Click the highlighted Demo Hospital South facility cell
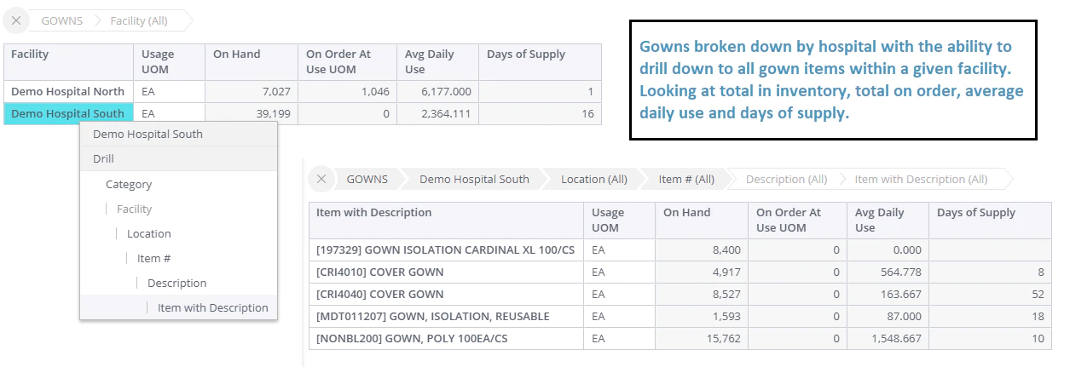68,113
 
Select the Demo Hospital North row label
68,91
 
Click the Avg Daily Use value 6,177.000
446,91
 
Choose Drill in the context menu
103,158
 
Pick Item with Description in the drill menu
213,308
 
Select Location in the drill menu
149,233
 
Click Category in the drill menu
129,184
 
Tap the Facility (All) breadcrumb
139,21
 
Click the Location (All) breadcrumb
594,179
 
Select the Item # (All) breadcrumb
686,179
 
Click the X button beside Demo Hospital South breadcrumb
321,179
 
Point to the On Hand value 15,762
724,338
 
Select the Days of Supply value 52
1038,294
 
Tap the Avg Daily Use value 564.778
901,272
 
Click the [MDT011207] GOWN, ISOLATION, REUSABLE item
433,317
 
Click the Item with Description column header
373,212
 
